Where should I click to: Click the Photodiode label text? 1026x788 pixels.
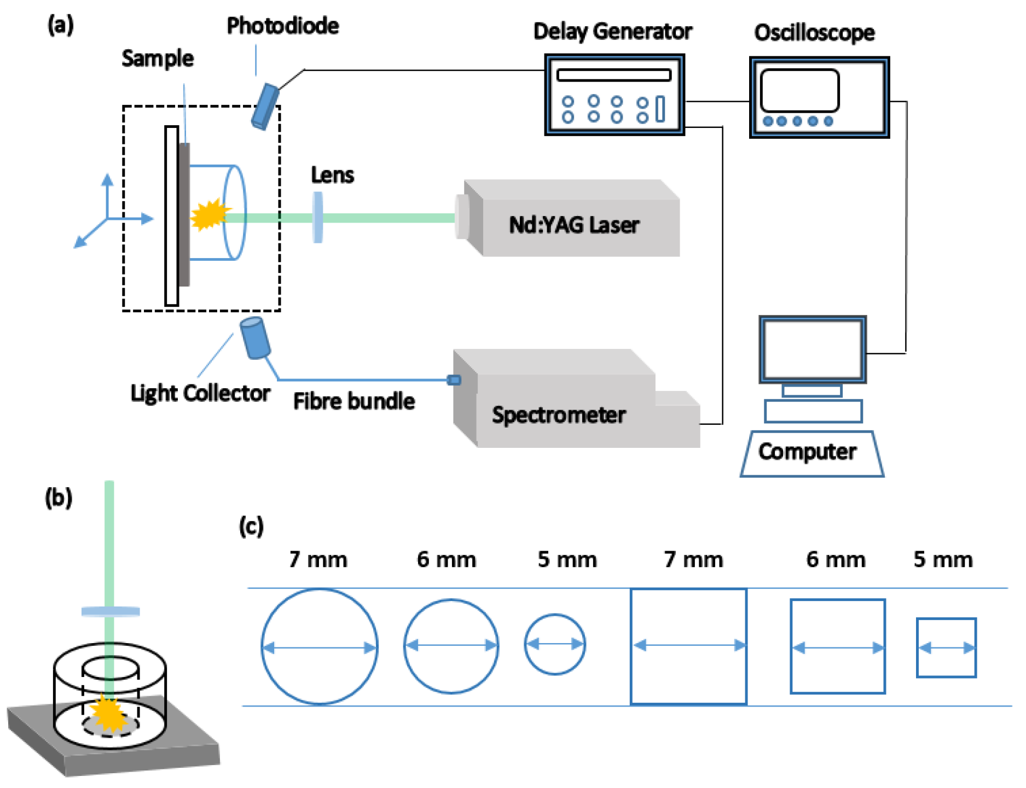pyautogui.click(x=282, y=26)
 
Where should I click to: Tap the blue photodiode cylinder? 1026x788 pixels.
pyautogui.click(x=265, y=106)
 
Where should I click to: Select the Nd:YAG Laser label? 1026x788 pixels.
pyautogui.click(x=573, y=225)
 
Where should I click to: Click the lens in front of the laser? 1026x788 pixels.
pyautogui.click(x=317, y=217)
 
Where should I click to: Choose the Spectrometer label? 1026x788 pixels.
pyautogui.click(x=558, y=415)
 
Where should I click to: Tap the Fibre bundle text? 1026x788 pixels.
pyautogui.click(x=353, y=401)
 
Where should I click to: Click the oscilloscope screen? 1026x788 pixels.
pyautogui.click(x=799, y=90)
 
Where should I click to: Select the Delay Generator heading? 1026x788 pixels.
pyautogui.click(x=612, y=31)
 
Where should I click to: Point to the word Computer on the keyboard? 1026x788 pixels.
pyautogui.click(x=807, y=452)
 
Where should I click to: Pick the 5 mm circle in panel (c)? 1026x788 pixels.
pyautogui.click(x=555, y=644)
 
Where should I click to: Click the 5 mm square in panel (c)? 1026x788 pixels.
pyautogui.click(x=946, y=648)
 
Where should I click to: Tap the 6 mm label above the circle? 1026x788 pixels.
pyautogui.click(x=446, y=559)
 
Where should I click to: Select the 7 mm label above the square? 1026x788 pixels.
pyautogui.click(x=693, y=559)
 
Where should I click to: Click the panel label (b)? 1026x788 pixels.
pyautogui.click(x=58, y=498)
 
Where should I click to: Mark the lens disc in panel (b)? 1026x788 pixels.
pyautogui.click(x=111, y=611)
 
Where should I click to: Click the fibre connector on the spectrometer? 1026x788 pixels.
pyautogui.click(x=454, y=380)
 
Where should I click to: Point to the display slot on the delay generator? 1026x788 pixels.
pyautogui.click(x=613, y=75)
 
